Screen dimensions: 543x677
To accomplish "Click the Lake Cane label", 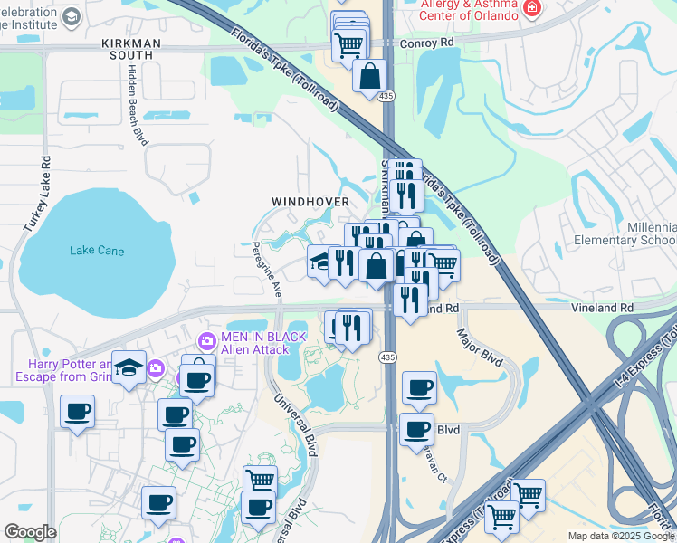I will (97, 251).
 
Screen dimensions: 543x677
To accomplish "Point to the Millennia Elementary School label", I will (625, 233).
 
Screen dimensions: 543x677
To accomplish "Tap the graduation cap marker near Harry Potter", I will (129, 367).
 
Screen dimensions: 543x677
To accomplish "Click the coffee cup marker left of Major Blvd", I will (419, 387).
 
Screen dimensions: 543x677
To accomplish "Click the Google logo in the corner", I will (30, 532).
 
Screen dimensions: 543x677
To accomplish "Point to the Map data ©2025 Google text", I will (620, 536).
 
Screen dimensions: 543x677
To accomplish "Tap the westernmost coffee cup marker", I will (77, 412).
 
